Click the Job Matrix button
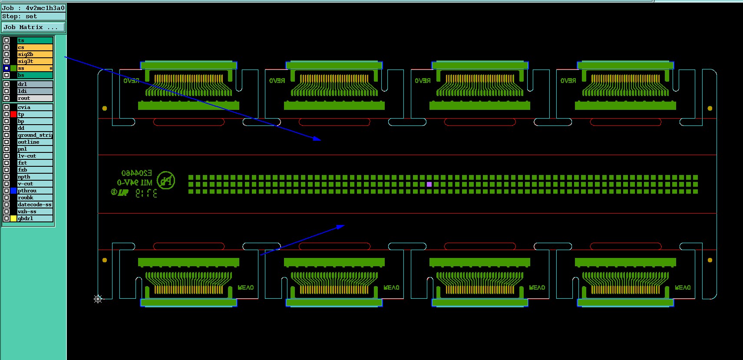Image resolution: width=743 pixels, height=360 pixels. tap(33, 27)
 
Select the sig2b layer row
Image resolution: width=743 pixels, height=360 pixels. tap(35, 54)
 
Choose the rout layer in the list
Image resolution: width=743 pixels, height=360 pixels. tap(35, 98)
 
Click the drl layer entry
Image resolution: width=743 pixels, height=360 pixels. tap(35, 84)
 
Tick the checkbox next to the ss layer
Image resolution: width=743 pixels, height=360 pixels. tap(7, 68)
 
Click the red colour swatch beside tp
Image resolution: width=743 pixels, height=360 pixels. tap(13, 114)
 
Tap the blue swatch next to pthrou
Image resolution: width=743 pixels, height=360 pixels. tap(13, 191)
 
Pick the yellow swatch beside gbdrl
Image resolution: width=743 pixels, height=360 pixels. tap(13, 218)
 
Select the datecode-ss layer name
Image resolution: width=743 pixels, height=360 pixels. tap(35, 205)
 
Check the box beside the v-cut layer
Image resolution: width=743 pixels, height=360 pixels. tap(7, 184)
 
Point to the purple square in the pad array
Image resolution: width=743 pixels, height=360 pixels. tap(429, 185)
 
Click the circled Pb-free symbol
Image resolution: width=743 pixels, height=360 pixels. tap(166, 180)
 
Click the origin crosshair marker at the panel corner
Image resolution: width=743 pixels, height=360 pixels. tap(98, 299)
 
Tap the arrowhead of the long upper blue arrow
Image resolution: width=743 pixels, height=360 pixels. tap(318, 139)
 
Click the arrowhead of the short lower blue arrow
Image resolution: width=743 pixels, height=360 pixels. tap(341, 226)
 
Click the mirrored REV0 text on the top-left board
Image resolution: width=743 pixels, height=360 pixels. tap(131, 81)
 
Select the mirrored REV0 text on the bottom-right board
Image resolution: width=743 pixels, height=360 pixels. tap(683, 287)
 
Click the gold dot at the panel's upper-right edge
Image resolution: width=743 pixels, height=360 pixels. tap(710, 108)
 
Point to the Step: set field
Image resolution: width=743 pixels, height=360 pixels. tap(33, 17)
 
